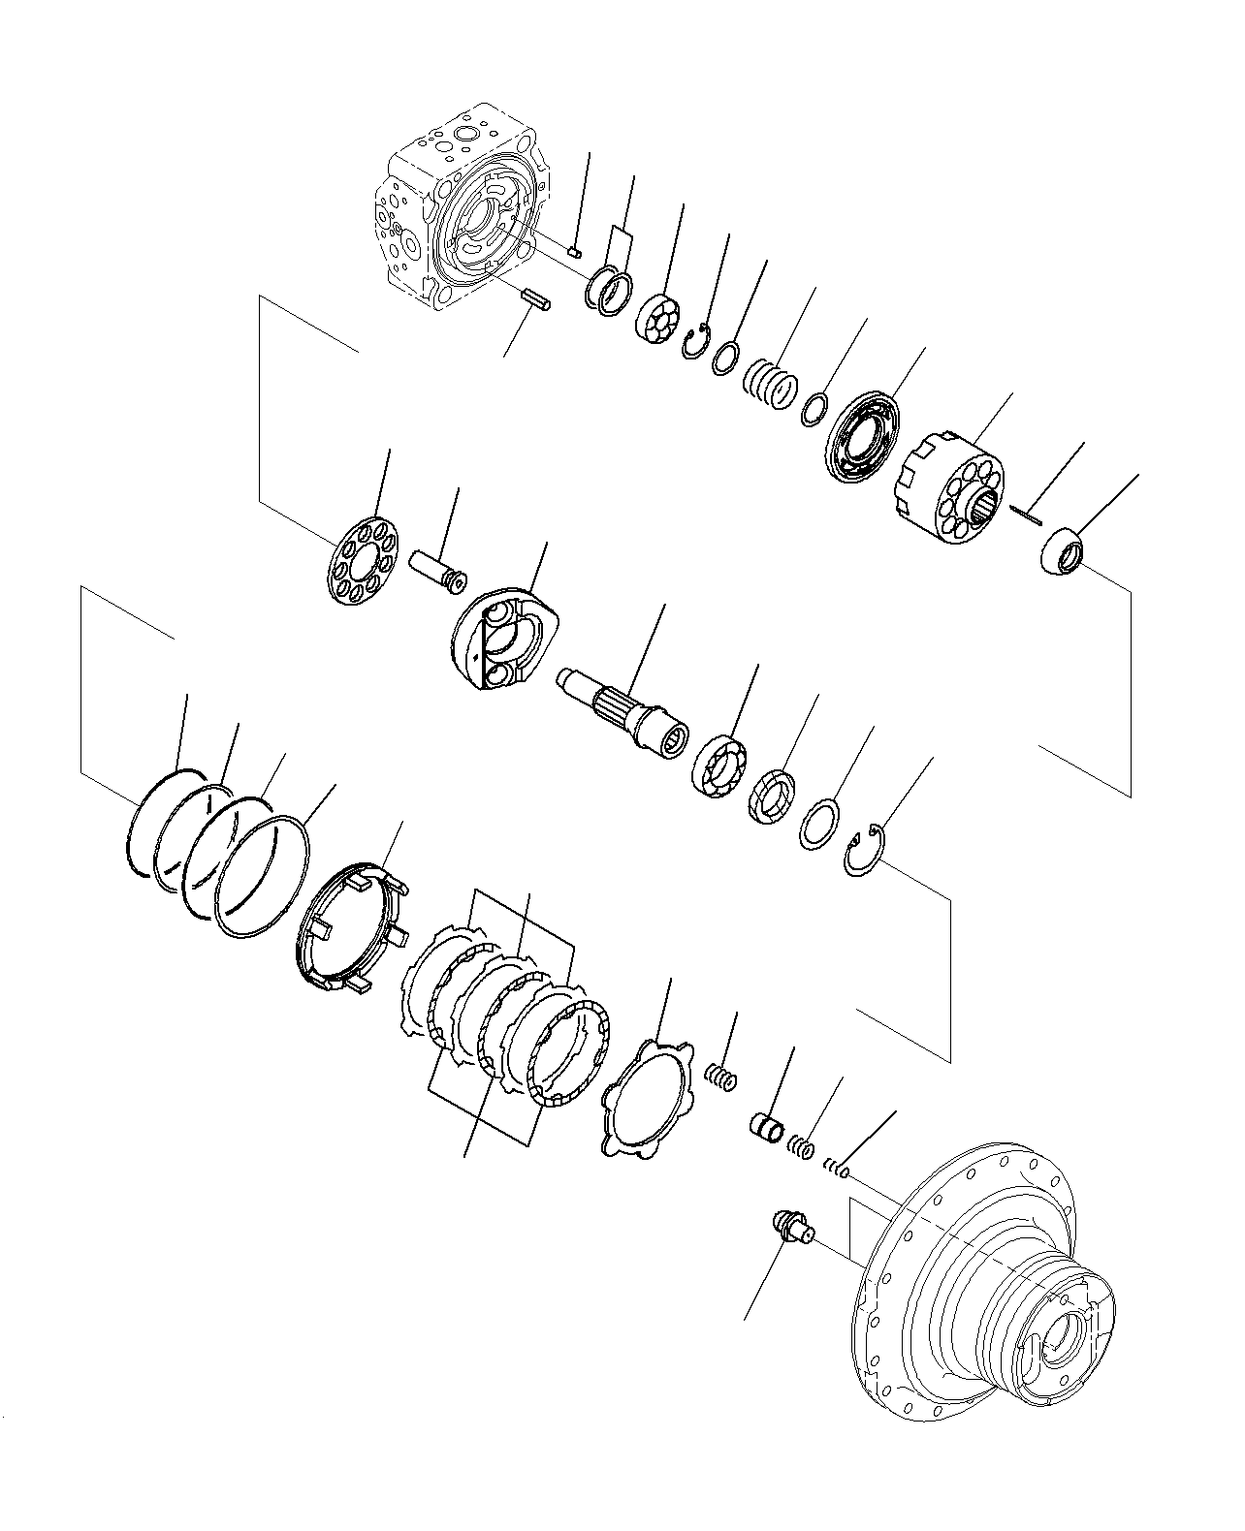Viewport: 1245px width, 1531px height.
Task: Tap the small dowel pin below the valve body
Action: [536, 299]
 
